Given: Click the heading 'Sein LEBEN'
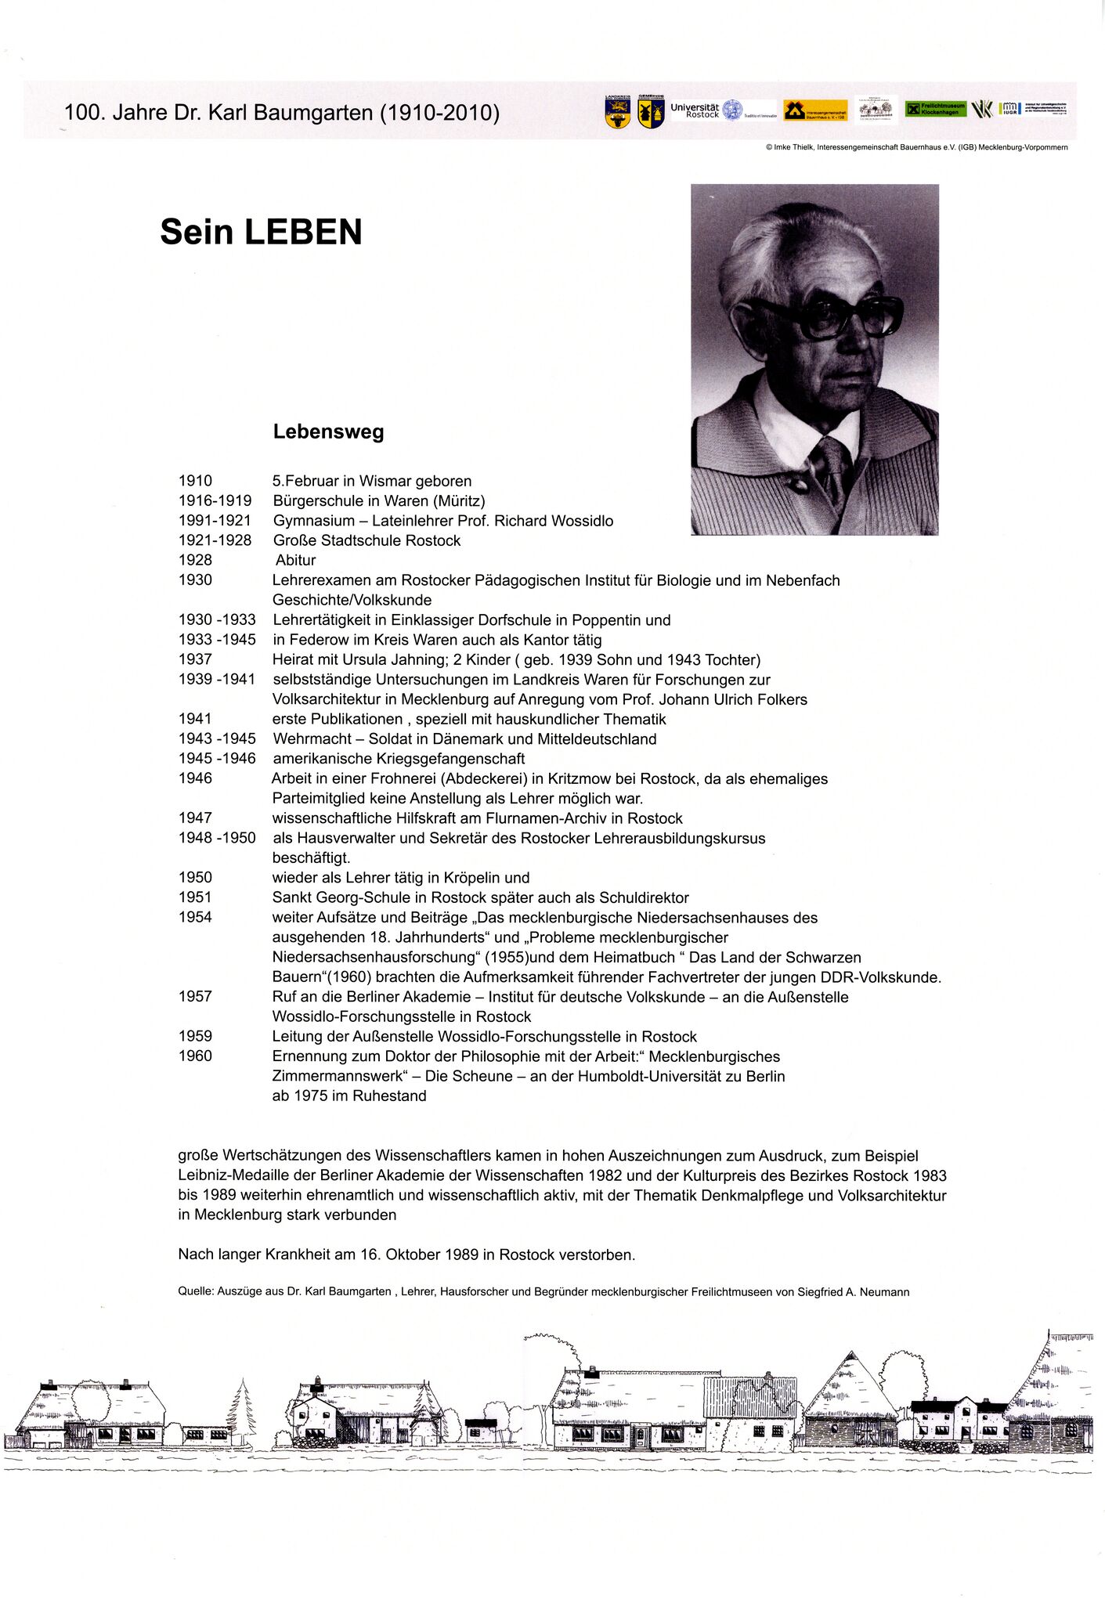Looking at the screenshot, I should [261, 233].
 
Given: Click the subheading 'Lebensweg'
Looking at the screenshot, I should [328, 431].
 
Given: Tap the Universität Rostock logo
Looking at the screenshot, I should [705, 110].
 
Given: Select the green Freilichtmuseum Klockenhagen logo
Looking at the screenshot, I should [936, 110].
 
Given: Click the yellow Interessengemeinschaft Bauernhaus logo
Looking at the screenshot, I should [815, 111].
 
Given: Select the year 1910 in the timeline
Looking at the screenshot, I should [195, 481].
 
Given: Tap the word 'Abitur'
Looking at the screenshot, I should [296, 560].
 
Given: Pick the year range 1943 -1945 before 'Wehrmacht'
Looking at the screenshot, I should [217, 738].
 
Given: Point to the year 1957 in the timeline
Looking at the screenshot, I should [195, 996].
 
